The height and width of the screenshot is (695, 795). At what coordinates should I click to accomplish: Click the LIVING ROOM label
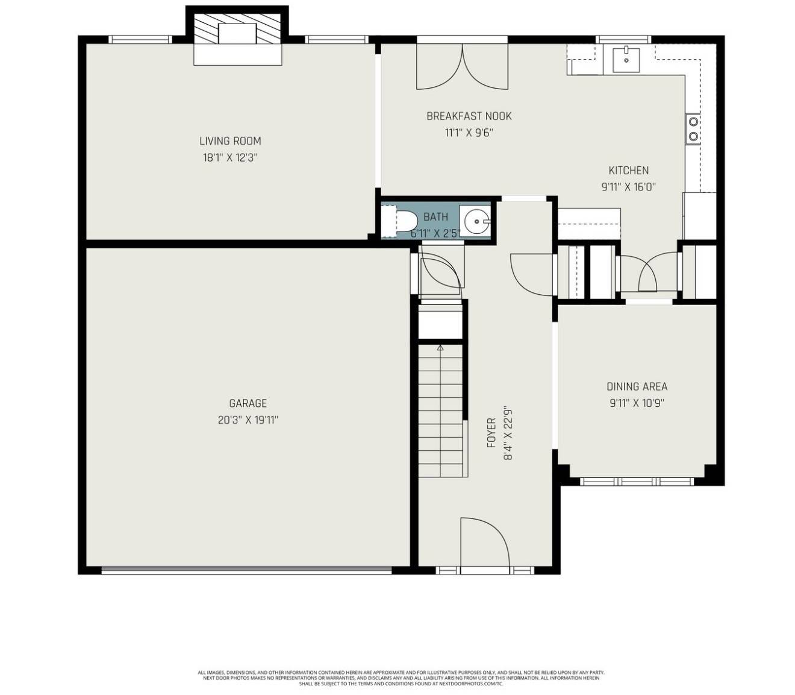(x=230, y=141)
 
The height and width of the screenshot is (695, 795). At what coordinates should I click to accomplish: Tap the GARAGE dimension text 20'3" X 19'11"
(x=248, y=420)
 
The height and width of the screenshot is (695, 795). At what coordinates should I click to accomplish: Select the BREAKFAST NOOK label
(x=469, y=116)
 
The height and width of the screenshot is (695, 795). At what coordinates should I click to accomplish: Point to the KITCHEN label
(x=628, y=171)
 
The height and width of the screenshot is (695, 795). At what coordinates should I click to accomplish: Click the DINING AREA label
(x=637, y=386)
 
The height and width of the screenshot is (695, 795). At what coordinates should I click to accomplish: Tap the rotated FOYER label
(x=491, y=432)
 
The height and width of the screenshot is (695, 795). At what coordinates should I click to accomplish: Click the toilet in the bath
(x=400, y=220)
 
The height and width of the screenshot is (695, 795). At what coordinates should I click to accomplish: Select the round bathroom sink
(x=475, y=221)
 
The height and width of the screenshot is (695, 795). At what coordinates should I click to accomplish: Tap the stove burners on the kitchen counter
(x=693, y=129)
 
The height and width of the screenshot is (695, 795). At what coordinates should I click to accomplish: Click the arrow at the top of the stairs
(x=440, y=348)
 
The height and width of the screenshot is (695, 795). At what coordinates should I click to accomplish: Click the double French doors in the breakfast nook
(x=462, y=66)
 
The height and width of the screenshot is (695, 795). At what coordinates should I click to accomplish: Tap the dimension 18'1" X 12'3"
(x=230, y=158)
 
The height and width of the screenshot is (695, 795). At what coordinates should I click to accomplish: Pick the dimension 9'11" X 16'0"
(x=628, y=187)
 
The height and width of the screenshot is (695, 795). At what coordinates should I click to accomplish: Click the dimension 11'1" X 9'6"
(x=469, y=133)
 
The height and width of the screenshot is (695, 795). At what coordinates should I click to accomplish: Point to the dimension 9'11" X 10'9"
(x=637, y=403)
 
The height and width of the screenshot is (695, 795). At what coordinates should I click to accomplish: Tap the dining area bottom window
(x=637, y=482)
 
